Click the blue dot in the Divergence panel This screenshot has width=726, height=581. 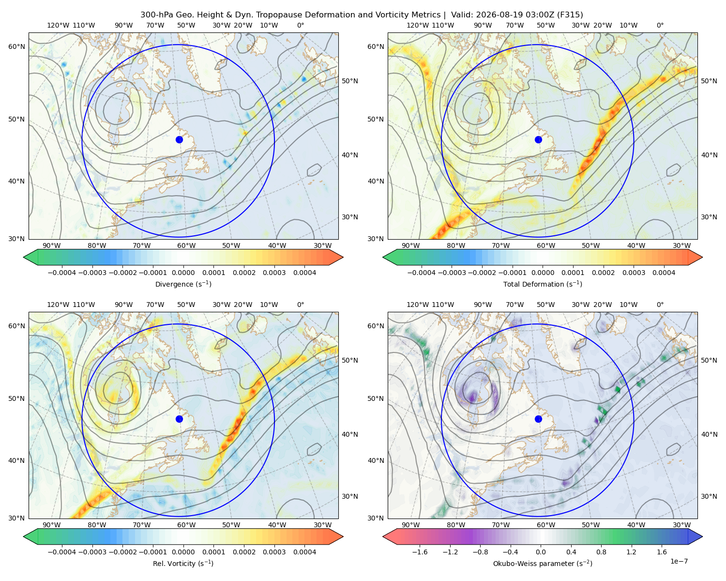pyautogui.click(x=179, y=140)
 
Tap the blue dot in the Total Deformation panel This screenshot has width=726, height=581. pyautogui.click(x=538, y=140)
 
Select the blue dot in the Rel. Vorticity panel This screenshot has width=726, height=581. pyautogui.click(x=179, y=419)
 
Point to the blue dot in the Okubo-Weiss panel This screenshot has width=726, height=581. pyautogui.click(x=538, y=419)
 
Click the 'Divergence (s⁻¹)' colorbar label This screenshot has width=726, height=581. pyautogui.click(x=183, y=284)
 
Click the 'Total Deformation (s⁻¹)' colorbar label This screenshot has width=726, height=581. pyautogui.click(x=543, y=284)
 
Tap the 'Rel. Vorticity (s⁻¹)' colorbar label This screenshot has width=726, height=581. pyautogui.click(x=183, y=564)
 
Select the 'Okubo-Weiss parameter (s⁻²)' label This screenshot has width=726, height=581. pyautogui.click(x=543, y=564)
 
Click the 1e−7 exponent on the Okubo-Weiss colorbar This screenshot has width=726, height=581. pyautogui.click(x=679, y=561)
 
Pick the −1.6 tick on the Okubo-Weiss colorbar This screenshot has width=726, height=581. pyautogui.click(x=420, y=552)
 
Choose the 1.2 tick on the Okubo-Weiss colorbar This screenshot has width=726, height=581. pyautogui.click(x=631, y=552)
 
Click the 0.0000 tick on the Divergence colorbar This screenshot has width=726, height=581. pyautogui.click(x=183, y=273)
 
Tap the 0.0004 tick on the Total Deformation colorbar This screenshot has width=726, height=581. pyautogui.click(x=664, y=273)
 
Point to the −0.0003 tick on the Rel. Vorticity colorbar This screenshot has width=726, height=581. pyautogui.click(x=92, y=552)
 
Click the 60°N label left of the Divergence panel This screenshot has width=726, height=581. pyautogui.click(x=16, y=46)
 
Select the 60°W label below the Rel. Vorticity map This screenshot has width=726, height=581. pyautogui.click(x=186, y=525)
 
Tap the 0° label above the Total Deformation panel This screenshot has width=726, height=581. pyautogui.click(x=660, y=25)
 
